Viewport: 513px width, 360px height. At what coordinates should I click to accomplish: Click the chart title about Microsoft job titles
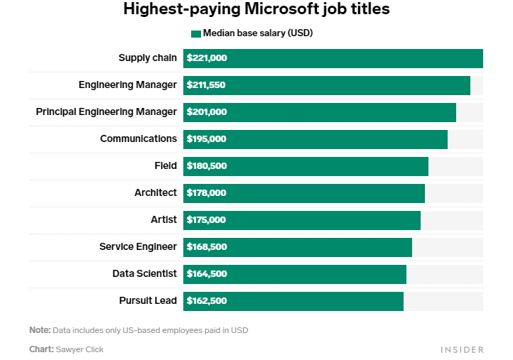coord(256,10)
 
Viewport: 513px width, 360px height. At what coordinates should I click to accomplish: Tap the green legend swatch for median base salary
coord(196,33)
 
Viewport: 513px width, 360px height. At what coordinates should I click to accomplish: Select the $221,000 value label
coord(207,58)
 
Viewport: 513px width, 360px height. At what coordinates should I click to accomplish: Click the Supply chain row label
coord(148,58)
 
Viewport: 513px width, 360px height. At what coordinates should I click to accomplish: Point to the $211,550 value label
coord(206,85)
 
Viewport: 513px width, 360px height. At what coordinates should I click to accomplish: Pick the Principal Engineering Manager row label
coord(107,112)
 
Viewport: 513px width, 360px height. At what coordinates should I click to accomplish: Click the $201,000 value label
coord(207,112)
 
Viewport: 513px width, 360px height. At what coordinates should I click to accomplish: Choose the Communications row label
coord(139,139)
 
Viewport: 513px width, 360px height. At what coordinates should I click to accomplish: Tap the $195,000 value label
coord(207,139)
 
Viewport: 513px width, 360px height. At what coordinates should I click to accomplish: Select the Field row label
coord(166,166)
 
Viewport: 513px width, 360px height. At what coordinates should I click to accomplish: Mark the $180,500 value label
coord(207,166)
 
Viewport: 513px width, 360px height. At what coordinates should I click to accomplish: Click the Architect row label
coord(156,193)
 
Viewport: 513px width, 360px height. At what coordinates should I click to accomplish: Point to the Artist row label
coord(163,220)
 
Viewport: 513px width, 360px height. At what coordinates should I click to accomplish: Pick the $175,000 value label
coord(207,220)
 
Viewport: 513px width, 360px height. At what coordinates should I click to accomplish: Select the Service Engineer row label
coord(138,247)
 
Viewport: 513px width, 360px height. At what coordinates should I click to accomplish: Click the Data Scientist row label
coord(144,274)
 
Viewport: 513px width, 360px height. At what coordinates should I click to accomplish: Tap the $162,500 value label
coord(207,301)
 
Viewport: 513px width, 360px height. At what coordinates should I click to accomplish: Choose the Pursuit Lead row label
coord(148,301)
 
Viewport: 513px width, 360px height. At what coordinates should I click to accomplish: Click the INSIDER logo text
coord(462,349)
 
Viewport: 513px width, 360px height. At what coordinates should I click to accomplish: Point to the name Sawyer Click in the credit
coord(80,349)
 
